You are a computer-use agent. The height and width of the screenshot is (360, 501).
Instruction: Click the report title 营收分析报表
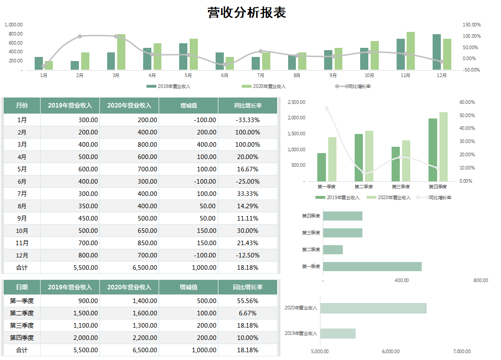click(x=247, y=12)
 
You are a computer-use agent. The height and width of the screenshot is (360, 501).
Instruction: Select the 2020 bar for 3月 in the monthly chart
click(x=121, y=52)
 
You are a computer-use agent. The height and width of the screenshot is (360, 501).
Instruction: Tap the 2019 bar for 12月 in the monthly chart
click(x=437, y=52)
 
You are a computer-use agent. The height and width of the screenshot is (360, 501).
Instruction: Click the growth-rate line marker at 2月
click(x=80, y=36)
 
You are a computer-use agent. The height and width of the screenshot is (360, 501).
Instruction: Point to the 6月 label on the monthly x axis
click(x=224, y=76)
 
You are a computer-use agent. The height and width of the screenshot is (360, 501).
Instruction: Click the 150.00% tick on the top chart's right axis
click(x=472, y=25)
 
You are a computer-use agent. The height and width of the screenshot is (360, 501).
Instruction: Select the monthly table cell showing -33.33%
click(x=248, y=120)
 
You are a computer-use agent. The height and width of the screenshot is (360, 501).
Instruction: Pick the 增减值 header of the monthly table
click(x=188, y=106)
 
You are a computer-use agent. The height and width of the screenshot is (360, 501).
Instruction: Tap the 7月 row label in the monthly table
click(x=22, y=194)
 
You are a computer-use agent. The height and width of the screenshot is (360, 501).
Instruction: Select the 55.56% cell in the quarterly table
click(x=248, y=301)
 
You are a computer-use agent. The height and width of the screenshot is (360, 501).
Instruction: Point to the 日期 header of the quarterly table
click(x=22, y=287)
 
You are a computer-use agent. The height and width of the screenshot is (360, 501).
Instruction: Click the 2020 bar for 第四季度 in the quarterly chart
click(x=444, y=147)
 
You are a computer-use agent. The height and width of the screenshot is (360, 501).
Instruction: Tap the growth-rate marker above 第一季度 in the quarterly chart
click(x=326, y=108)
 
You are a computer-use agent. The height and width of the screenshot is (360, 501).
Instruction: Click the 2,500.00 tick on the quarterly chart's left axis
click(x=296, y=103)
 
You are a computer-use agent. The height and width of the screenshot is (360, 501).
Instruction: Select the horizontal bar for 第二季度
click(x=333, y=250)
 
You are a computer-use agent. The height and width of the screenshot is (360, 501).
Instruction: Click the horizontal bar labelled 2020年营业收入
click(x=373, y=308)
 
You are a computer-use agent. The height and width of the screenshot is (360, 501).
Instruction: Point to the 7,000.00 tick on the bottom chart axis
click(x=462, y=351)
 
